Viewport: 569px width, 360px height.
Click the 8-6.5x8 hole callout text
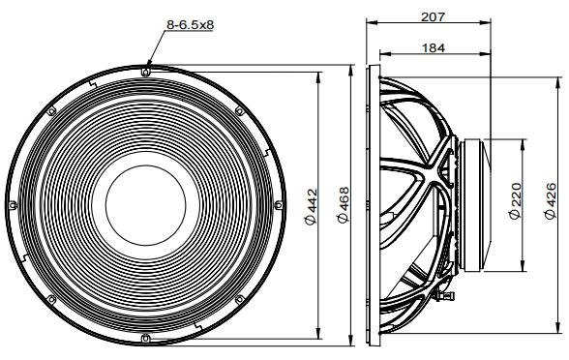(190, 25)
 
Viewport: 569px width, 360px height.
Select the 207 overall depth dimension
(433, 16)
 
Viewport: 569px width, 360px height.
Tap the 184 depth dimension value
(434, 48)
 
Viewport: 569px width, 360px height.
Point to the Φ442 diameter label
(311, 206)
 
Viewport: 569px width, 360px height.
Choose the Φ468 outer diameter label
(343, 205)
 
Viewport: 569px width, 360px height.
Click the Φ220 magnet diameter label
(515, 201)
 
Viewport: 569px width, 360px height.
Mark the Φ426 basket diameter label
(550, 201)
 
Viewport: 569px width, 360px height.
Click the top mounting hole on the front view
(145, 72)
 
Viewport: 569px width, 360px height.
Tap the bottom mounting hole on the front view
(145, 338)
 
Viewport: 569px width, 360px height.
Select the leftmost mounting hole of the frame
(13, 205)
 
